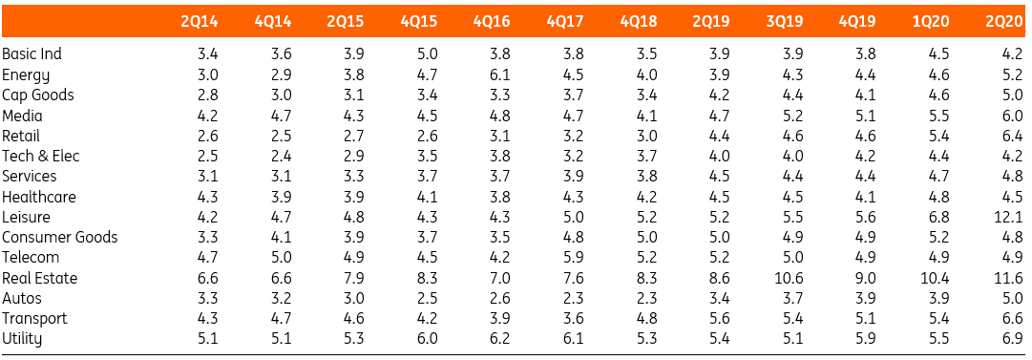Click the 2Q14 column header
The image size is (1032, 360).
(x=199, y=21)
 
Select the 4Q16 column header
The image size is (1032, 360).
(x=492, y=21)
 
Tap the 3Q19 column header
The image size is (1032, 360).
(x=785, y=21)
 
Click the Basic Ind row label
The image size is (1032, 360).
(x=32, y=54)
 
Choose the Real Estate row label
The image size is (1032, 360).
(x=39, y=279)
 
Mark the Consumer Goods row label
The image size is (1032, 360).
(x=60, y=238)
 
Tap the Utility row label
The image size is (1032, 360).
(x=22, y=340)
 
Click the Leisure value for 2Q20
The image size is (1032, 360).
(x=1009, y=217)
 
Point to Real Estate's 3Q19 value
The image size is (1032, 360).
(x=790, y=279)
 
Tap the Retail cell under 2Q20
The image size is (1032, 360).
(x=1012, y=136)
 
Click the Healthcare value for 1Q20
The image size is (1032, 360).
(x=938, y=197)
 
